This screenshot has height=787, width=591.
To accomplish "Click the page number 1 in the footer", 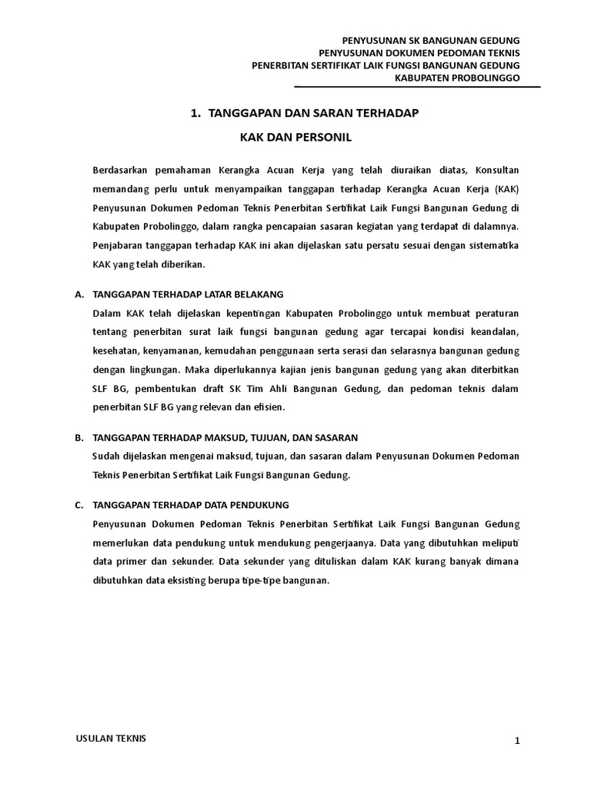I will coord(518,741).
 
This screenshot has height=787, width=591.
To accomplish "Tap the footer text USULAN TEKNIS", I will coord(110,739).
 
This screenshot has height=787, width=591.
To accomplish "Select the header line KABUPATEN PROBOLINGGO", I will coord(457,78).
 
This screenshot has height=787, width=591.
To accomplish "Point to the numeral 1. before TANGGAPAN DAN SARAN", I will coord(195,114).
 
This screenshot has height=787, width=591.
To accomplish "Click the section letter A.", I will coord(78,294).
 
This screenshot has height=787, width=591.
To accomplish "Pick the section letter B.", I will coord(78,438).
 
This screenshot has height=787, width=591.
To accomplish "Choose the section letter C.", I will coord(78,505).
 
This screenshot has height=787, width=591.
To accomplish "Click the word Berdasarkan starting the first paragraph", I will coord(122,169).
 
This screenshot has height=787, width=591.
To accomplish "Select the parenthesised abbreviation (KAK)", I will coord(505,188).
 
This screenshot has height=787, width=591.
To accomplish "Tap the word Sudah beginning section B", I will coord(105,457).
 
